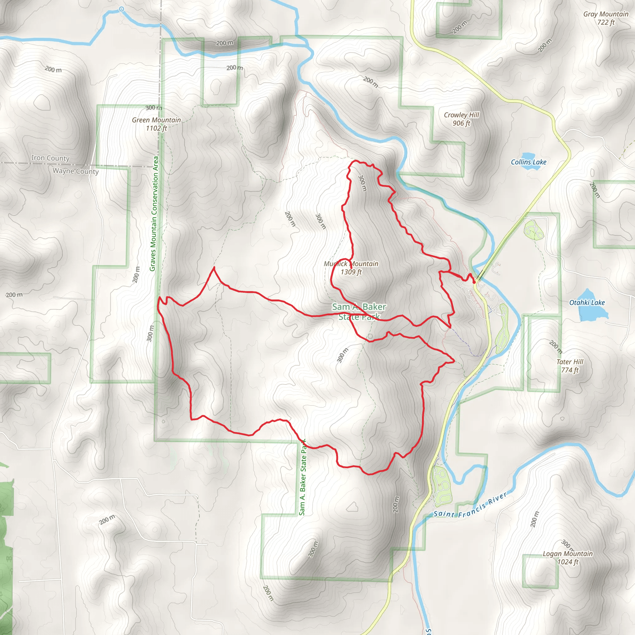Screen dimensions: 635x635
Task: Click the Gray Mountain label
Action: [606, 14]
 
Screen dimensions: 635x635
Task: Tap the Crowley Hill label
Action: [461, 115]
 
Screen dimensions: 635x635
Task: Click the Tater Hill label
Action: [570, 362]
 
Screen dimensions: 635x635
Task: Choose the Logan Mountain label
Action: [568, 554]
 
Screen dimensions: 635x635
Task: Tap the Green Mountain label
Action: [157, 120]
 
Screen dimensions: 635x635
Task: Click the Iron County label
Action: [50, 158]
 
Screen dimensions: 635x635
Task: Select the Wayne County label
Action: [76, 171]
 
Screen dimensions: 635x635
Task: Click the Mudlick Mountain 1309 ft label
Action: [351, 268]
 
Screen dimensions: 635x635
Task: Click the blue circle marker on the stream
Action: [121, 9]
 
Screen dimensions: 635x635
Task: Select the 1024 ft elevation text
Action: [568, 562]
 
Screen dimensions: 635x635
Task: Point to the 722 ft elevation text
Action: [606, 22]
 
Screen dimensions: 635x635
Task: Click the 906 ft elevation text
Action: [461, 123]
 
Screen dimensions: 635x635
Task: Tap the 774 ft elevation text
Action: [570, 370]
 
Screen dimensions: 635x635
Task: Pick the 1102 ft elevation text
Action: [157, 128]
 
